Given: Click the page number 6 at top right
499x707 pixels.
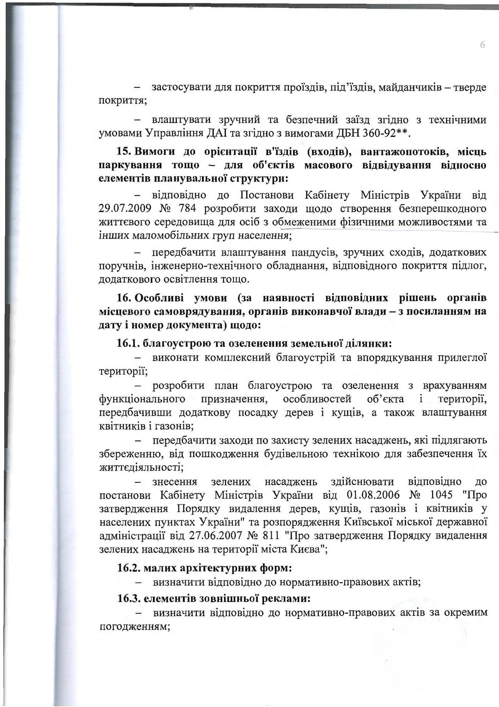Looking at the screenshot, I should point(482,45).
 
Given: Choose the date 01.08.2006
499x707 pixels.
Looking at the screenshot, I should point(373,495).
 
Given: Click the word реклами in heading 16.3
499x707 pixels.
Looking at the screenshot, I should point(286,599).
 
